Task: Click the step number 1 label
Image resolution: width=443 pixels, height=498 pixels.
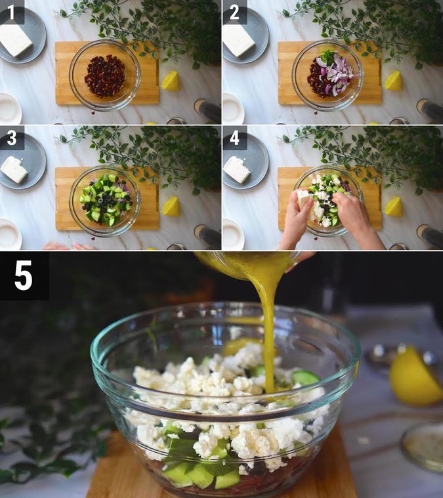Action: click(11, 12)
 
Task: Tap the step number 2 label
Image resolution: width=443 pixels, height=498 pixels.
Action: click(234, 12)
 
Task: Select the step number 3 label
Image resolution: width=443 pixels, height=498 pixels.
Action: click(11, 139)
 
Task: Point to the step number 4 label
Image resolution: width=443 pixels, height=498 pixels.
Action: click(234, 139)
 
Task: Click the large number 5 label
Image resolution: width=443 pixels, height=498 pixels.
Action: click(23, 276)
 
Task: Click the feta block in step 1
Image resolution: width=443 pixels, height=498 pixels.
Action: click(15, 40)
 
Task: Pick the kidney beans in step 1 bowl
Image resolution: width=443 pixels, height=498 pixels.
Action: click(104, 75)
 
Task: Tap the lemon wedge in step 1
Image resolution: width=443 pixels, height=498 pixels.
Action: click(171, 81)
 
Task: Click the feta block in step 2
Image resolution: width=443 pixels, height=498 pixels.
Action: click(238, 40)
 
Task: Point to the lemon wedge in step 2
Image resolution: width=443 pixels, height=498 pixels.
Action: click(394, 81)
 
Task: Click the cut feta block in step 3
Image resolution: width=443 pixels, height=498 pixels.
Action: click(14, 169)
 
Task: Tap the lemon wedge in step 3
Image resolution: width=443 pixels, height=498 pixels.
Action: click(171, 207)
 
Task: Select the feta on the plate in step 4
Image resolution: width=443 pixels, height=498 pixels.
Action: click(237, 169)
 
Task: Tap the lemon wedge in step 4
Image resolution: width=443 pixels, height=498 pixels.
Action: click(394, 207)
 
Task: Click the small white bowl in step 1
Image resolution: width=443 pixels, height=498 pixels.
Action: click(8, 108)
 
